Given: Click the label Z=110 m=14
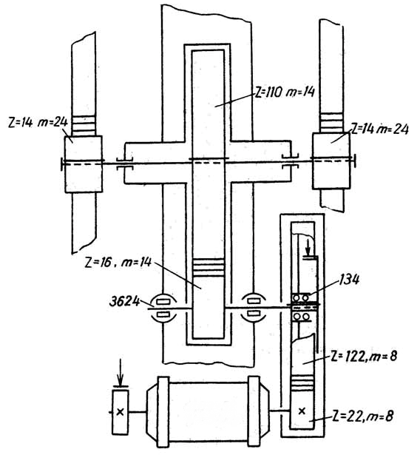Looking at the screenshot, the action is tap(285, 92).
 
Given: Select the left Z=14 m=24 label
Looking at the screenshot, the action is tap(38, 122).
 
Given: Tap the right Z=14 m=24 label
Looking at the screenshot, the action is tap(379, 129).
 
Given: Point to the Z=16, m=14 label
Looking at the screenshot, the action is tap(118, 263).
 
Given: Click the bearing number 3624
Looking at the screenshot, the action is tap(125, 302).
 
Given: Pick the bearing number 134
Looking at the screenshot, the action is tap(349, 280).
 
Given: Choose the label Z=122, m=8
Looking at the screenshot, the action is tap(364, 357).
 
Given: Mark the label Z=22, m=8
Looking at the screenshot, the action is tap(362, 416).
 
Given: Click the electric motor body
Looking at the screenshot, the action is tap(208, 412).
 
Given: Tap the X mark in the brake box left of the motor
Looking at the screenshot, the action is tap(120, 412).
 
